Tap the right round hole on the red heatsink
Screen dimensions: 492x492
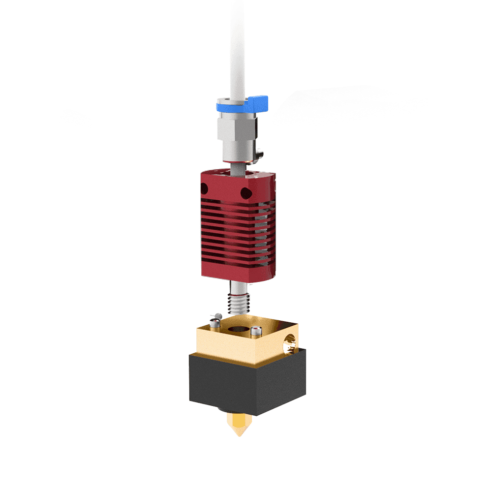245,191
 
